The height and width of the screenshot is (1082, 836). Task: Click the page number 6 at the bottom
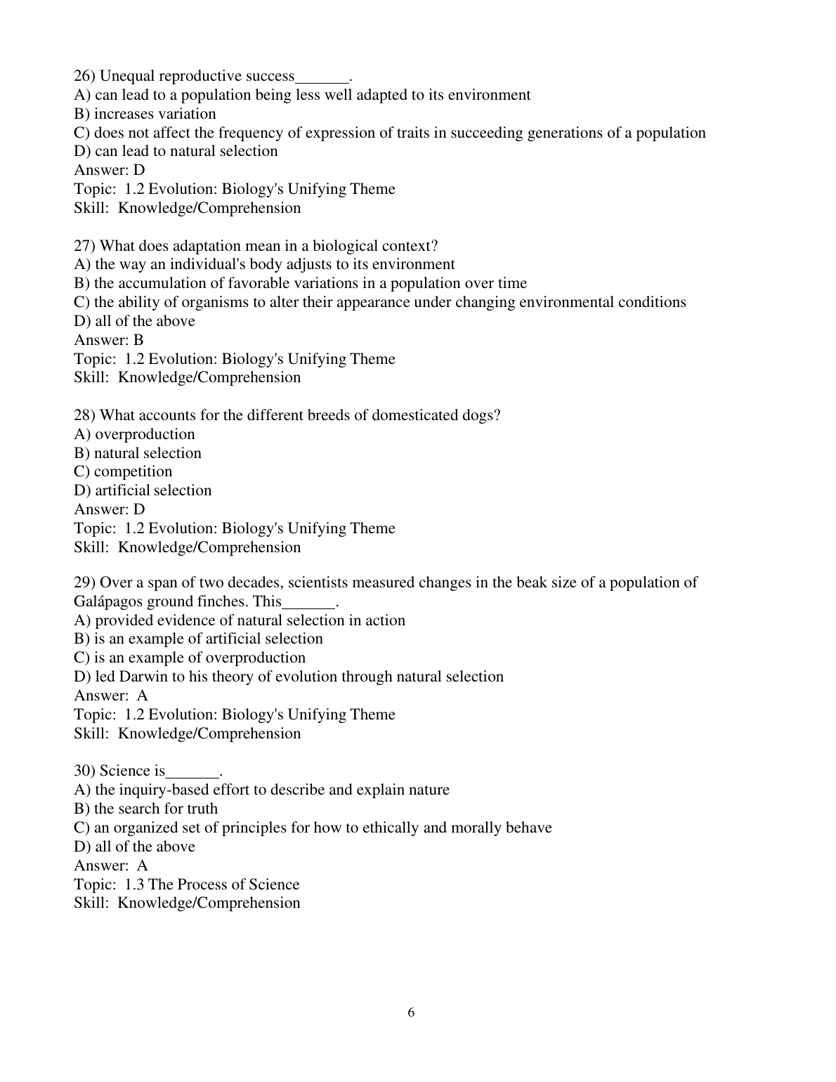pyautogui.click(x=411, y=1012)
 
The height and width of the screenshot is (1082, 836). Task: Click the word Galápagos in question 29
pyautogui.click(x=107, y=601)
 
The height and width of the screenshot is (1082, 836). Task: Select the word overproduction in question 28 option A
pyautogui.click(x=145, y=434)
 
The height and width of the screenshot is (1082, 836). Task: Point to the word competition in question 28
pyautogui.click(x=133, y=471)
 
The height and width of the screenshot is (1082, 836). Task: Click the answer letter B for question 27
pyautogui.click(x=138, y=340)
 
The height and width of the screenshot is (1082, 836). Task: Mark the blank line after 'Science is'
pyautogui.click(x=192, y=774)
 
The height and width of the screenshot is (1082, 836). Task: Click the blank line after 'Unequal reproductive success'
pyautogui.click(x=322, y=79)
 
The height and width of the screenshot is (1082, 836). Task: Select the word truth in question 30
pyautogui.click(x=202, y=809)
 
